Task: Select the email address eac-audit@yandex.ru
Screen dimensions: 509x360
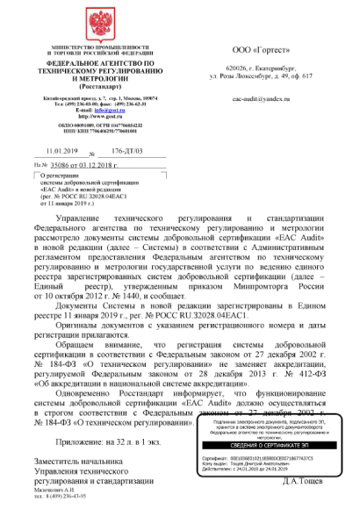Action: [263, 101]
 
